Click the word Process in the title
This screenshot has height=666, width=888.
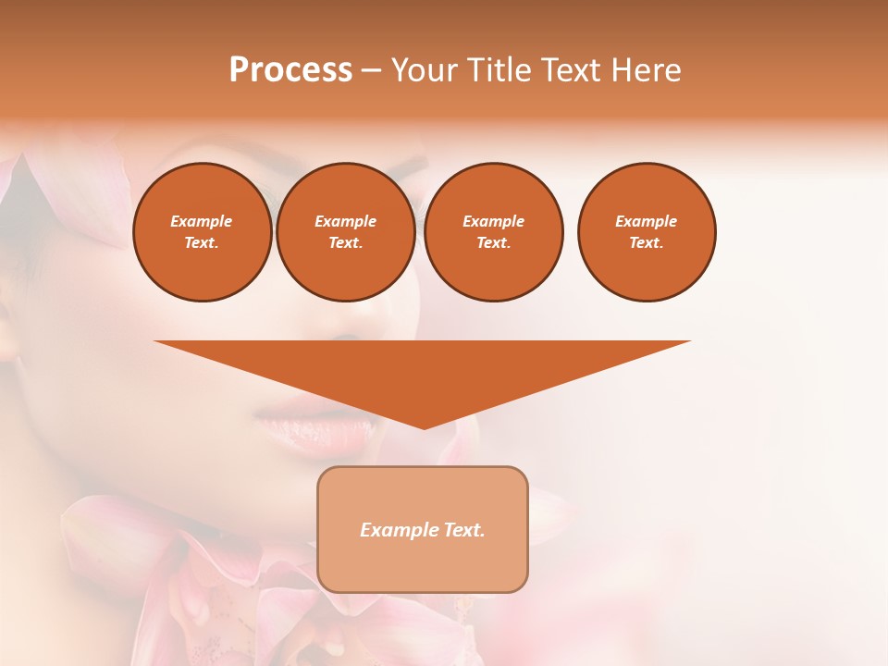pos(290,70)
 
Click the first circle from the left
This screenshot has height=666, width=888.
pos(202,231)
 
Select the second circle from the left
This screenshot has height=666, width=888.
pos(345,231)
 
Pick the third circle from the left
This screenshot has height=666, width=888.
pos(493,231)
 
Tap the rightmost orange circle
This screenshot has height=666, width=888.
pos(646,231)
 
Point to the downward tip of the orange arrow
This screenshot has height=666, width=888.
pos(424,426)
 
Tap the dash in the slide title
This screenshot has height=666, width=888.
pos(371,70)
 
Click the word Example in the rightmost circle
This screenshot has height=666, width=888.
pos(646,221)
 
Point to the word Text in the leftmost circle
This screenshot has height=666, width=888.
pos(201,242)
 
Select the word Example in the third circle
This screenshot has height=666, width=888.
pos(493,221)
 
